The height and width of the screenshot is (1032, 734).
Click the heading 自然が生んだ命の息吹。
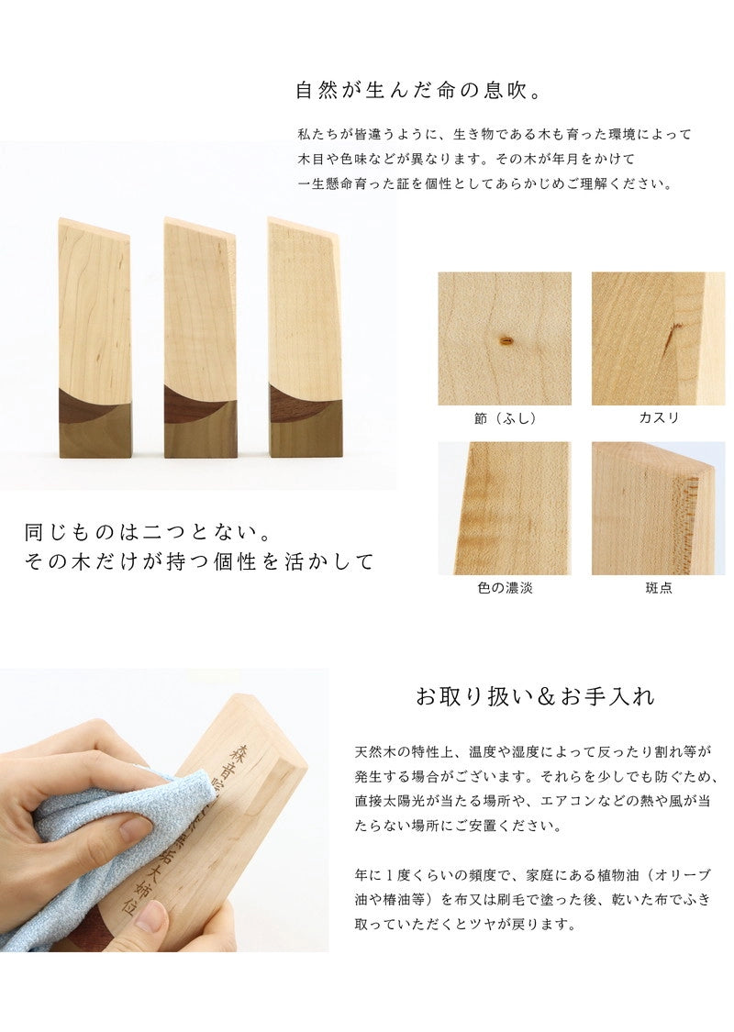(421, 92)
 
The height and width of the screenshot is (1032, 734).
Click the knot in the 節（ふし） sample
(503, 341)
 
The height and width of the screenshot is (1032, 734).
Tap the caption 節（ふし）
(504, 418)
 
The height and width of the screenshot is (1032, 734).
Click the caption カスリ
(658, 418)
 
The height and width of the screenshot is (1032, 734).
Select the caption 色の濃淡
(504, 588)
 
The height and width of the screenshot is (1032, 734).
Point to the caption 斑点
(658, 588)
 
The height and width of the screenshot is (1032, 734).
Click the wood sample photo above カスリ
(658, 338)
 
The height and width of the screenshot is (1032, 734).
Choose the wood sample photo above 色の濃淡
(504, 508)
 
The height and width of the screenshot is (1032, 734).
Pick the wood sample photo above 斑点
(658, 508)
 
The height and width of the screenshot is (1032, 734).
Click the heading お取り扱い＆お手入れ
(535, 697)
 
